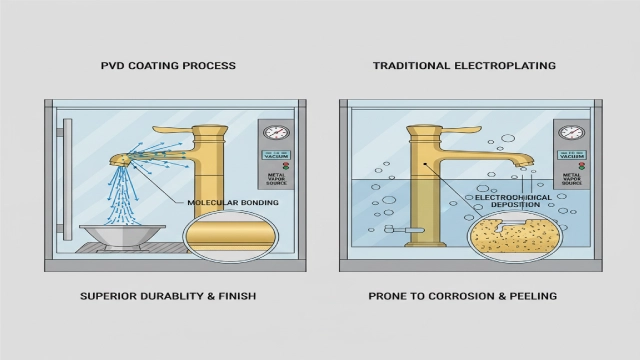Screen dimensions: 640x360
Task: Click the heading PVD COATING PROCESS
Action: point(168,66)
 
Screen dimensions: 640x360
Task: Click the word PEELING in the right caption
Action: point(529,297)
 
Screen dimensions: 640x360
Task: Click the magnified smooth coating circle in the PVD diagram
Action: point(223,244)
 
